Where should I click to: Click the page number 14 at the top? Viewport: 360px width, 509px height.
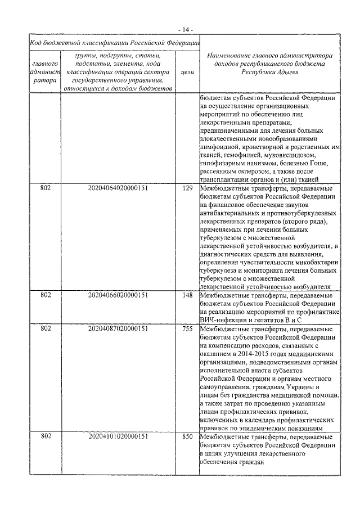(x=186, y=28)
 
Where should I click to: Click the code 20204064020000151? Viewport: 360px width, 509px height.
(x=118, y=188)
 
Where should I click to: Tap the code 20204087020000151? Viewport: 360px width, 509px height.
(x=118, y=328)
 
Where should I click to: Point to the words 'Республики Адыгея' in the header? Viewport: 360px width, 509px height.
(x=269, y=73)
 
